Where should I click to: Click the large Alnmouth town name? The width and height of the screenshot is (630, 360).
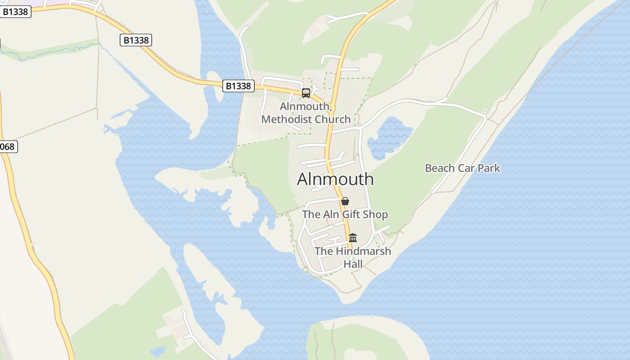(335, 179)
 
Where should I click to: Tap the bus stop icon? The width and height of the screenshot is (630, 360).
(306, 93)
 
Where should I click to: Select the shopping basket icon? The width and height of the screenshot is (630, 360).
(345, 201)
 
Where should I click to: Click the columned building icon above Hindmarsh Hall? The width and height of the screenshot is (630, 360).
(353, 238)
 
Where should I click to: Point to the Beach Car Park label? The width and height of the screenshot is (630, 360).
(463, 168)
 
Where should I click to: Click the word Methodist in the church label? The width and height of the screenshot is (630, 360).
(288, 119)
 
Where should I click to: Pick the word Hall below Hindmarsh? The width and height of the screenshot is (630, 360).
(353, 264)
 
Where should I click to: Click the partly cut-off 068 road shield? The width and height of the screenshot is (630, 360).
(7, 147)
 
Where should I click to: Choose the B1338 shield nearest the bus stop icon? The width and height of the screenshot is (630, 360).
(238, 85)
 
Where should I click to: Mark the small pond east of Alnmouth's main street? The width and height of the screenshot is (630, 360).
(389, 137)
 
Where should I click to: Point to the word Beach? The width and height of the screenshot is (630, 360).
(440, 168)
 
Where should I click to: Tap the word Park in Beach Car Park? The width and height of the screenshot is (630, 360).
(489, 168)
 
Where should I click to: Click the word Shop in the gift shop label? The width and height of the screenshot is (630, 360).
(376, 215)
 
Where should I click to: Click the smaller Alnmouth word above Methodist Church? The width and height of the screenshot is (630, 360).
(306, 107)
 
